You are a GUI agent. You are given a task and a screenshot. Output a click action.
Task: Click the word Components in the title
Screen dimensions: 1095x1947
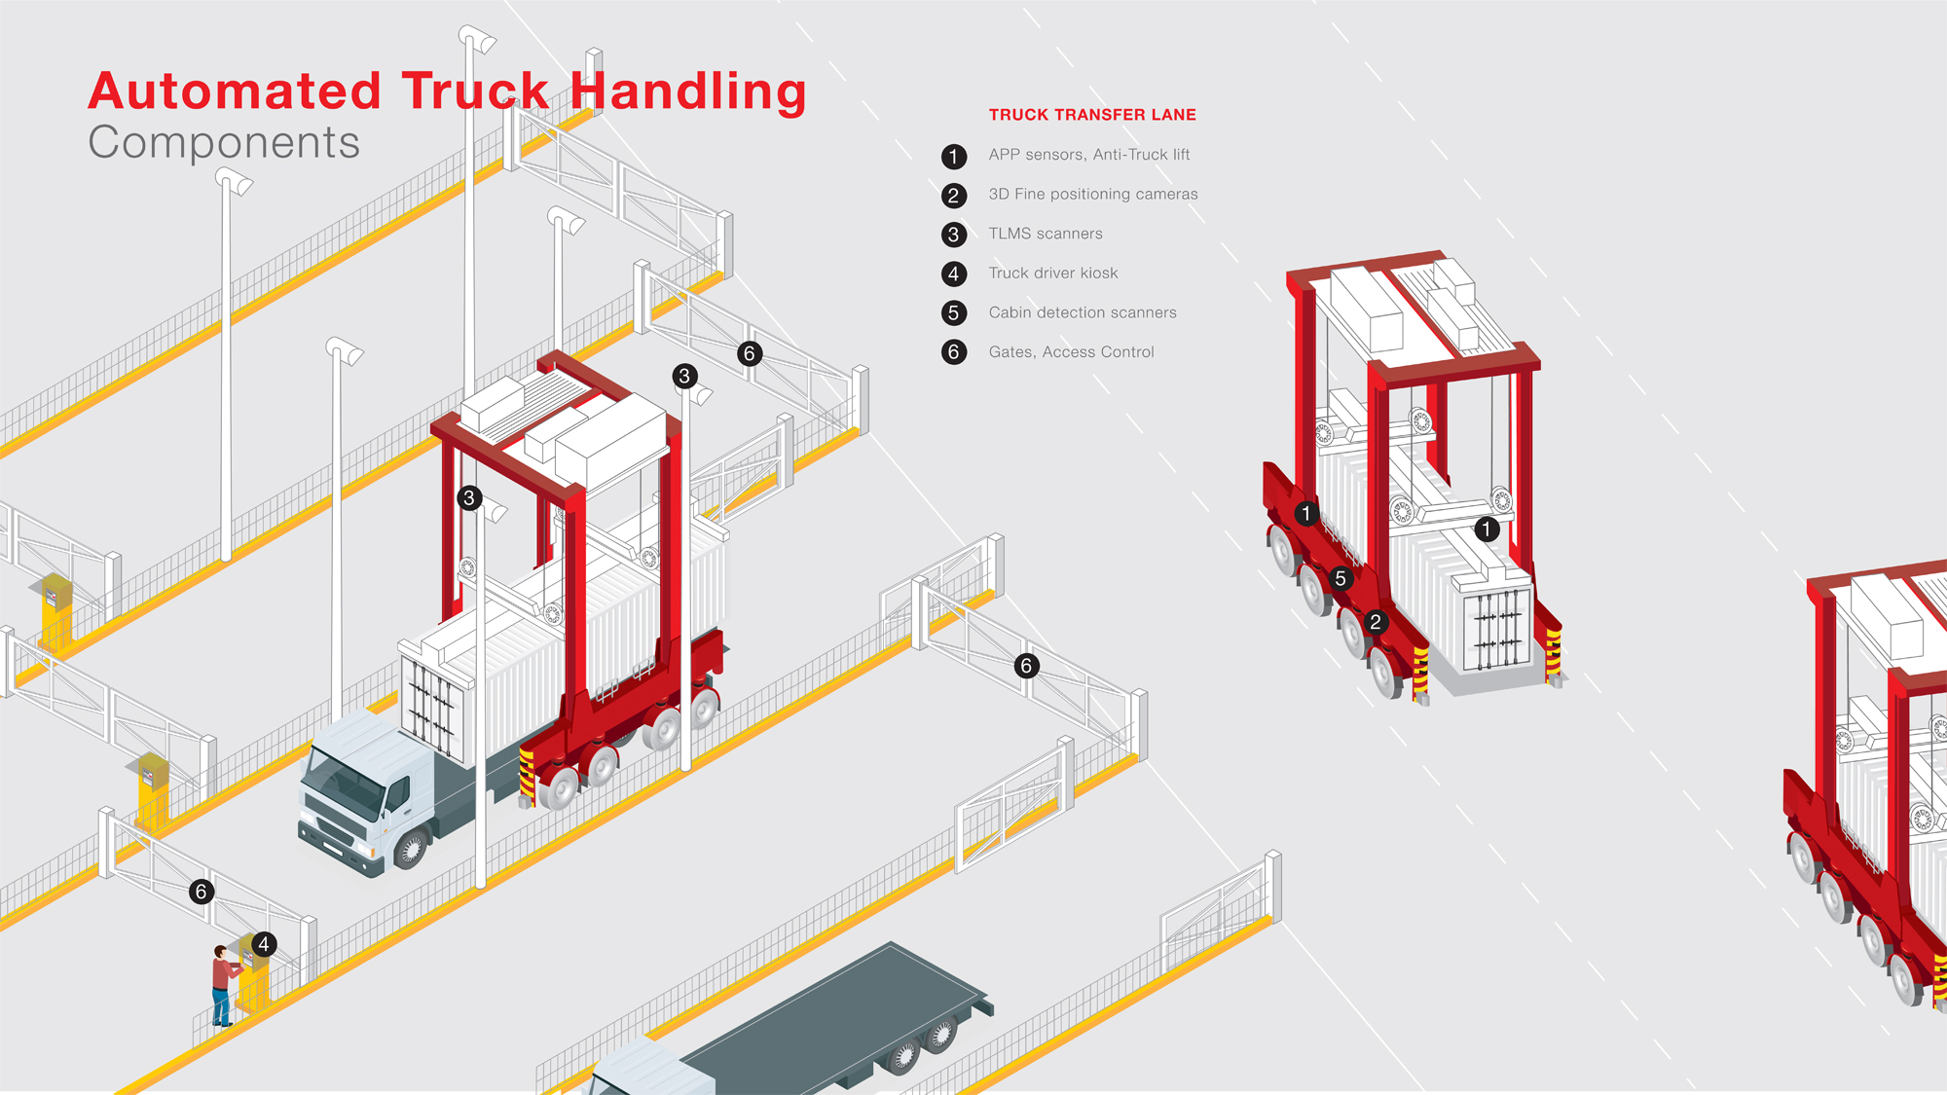224,143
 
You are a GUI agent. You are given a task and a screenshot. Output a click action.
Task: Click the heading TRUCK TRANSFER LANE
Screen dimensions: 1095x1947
1092,115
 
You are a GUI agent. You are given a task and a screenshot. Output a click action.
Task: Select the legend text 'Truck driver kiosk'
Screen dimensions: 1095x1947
1053,274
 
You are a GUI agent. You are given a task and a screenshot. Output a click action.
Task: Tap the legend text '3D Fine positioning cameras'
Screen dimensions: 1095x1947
1093,195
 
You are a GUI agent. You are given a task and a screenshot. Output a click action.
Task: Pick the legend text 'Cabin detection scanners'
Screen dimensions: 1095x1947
1083,312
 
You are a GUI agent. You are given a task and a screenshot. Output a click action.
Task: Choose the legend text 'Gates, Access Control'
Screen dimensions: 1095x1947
1071,352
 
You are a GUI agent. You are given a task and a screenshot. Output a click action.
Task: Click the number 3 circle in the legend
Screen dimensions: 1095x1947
954,235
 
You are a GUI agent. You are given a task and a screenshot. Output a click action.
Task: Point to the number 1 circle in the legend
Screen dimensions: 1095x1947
954,156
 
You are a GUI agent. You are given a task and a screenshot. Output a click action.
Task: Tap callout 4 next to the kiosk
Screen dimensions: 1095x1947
264,944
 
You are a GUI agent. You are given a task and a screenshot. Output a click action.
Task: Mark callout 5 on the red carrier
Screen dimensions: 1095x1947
1341,579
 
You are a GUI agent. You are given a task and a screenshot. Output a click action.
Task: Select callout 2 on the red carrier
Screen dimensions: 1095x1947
1376,622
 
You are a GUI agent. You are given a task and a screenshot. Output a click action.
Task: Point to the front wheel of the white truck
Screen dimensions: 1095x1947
411,850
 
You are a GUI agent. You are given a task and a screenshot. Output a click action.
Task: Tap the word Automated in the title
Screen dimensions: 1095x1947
235,91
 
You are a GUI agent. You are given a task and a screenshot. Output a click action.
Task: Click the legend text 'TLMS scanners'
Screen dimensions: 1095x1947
1046,234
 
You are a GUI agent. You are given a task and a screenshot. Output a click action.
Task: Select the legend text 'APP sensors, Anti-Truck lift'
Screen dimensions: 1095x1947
1089,155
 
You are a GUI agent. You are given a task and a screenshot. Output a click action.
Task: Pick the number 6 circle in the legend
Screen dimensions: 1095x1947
954,352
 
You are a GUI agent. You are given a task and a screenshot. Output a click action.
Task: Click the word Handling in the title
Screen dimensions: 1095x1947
688,91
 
